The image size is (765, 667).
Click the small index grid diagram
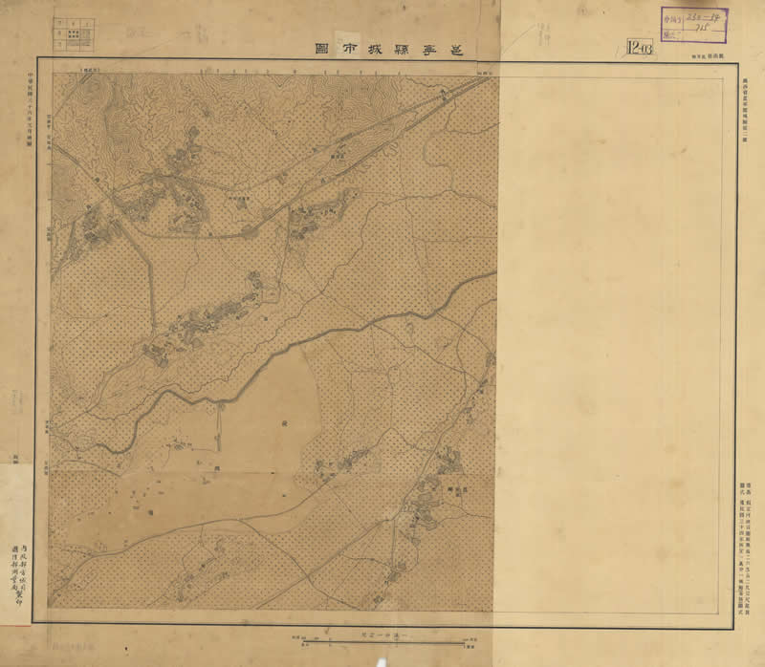73,33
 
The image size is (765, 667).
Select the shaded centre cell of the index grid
73,34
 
